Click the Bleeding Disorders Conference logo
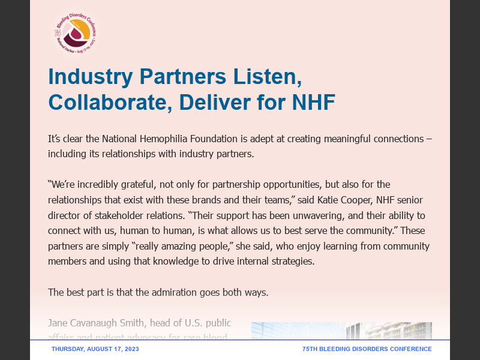74,33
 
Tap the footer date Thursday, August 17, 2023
95,349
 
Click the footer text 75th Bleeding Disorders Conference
367,349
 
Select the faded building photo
341,331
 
